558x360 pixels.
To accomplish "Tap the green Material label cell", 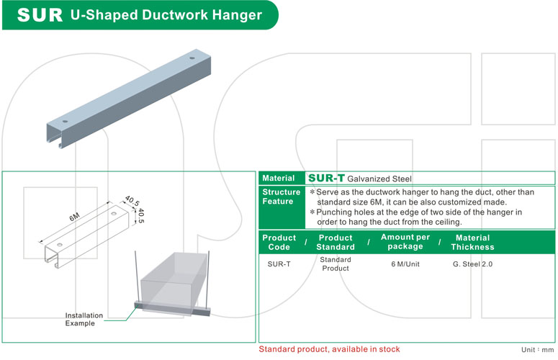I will pyautogui.click(x=279, y=178).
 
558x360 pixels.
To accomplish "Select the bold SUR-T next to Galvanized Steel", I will pyautogui.click(x=326, y=178).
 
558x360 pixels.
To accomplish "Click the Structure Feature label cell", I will pyautogui.click(x=281, y=197).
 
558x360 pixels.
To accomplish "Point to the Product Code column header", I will pyautogui.click(x=279, y=242).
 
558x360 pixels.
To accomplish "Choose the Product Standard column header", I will pyautogui.click(x=336, y=242).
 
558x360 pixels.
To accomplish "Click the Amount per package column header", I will pyautogui.click(x=405, y=242).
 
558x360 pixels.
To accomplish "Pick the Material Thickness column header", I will pyautogui.click(x=472, y=242).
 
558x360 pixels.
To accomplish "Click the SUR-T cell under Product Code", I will pyautogui.click(x=279, y=264).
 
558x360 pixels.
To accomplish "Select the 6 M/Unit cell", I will pyautogui.click(x=406, y=264).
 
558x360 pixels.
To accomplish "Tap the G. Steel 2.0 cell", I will pyautogui.click(x=472, y=264).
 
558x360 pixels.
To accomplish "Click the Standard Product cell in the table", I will pyautogui.click(x=335, y=264).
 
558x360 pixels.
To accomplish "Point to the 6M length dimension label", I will pyautogui.click(x=73, y=215).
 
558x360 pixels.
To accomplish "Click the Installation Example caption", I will pyautogui.click(x=84, y=319).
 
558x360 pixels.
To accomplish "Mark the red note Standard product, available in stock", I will pyautogui.click(x=330, y=349).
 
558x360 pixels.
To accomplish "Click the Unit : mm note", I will pyautogui.click(x=537, y=349).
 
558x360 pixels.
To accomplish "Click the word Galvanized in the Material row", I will pyautogui.click(x=366, y=179).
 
